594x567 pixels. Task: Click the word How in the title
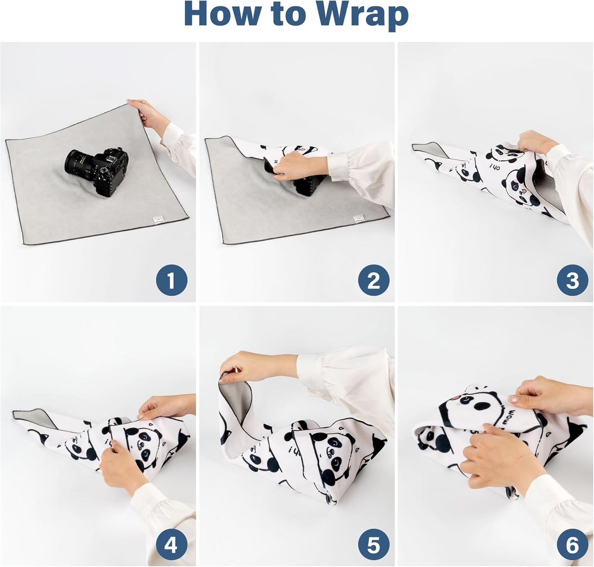(x=222, y=15)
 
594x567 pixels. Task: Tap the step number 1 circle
(x=171, y=281)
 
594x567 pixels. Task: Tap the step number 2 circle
(x=373, y=281)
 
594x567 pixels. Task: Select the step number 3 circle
(x=572, y=281)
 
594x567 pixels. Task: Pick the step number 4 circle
(x=171, y=545)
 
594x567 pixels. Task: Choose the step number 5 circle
(x=373, y=545)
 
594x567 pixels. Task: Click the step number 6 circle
(x=572, y=545)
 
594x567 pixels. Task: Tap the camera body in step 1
(x=109, y=171)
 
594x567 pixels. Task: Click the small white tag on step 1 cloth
(x=156, y=221)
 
